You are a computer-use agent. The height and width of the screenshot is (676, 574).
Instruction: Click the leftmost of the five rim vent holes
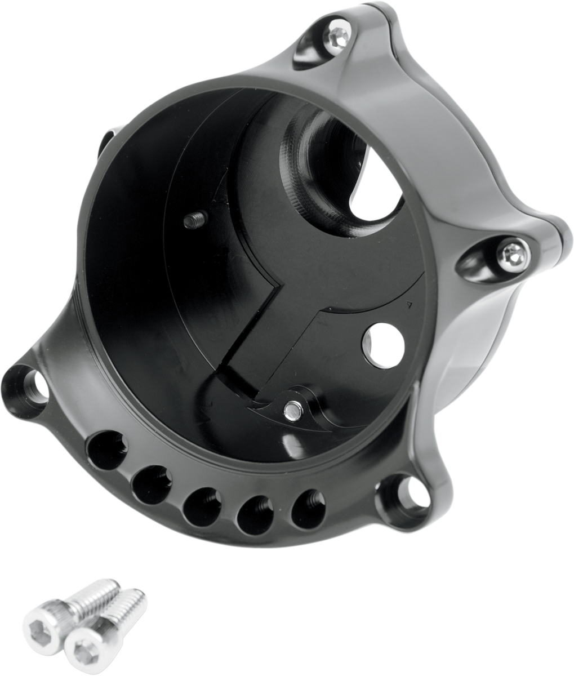(107, 448)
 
